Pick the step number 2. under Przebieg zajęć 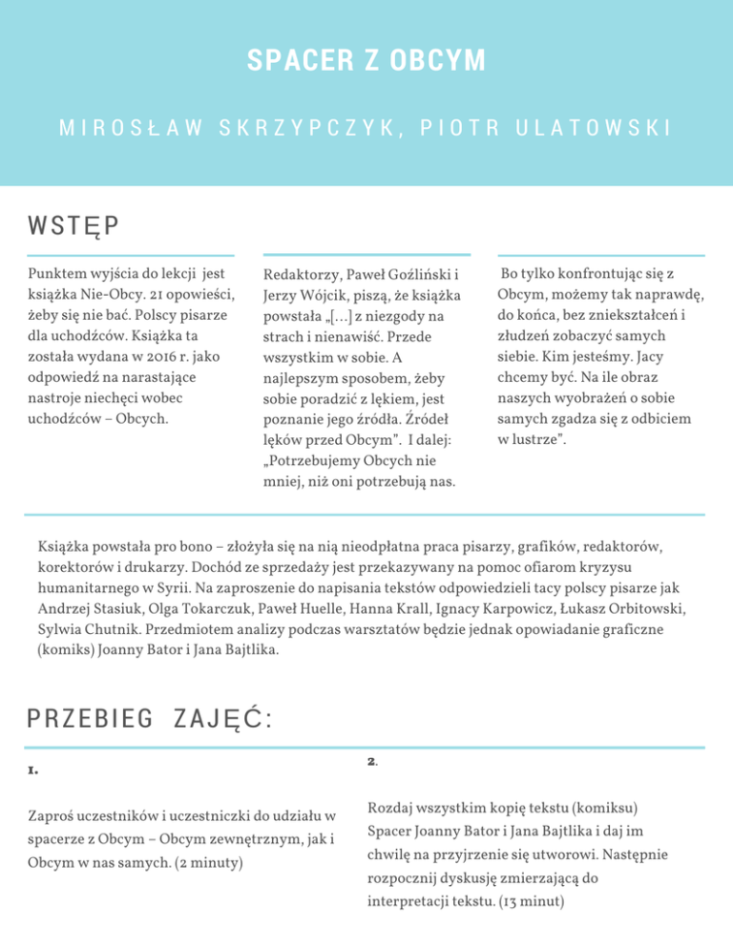[x=372, y=761]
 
